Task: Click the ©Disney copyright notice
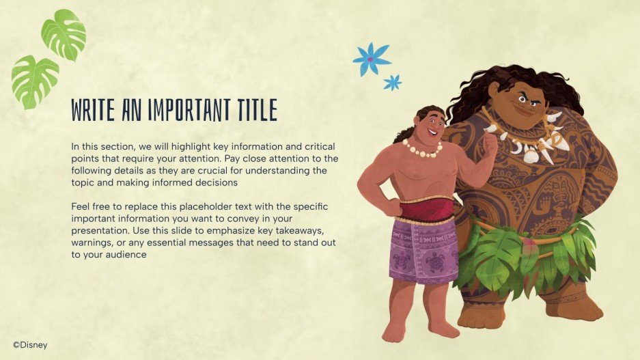point(30,345)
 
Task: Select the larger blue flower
point(371,59)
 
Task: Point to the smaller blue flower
point(392,83)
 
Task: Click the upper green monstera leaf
point(64,33)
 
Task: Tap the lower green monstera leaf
point(34,82)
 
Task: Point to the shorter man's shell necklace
point(421,150)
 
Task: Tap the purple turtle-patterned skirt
point(423,251)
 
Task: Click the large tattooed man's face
point(525,101)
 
